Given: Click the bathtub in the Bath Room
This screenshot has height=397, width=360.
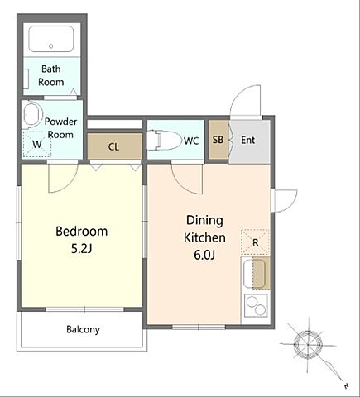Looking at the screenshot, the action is point(51,39).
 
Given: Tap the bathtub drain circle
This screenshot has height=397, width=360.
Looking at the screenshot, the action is point(50,46).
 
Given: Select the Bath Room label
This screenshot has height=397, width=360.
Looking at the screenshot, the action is point(51,75).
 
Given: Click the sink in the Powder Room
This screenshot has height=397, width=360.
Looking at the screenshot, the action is point(31,114).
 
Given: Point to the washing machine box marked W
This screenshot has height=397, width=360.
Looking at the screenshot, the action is point(37,144).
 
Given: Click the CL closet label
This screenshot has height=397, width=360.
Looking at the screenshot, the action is point(113,147).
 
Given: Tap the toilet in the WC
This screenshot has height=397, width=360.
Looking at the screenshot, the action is point(164,141).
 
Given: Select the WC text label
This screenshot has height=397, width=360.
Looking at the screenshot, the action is point(191,141).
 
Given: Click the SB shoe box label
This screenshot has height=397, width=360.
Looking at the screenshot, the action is point(218,140).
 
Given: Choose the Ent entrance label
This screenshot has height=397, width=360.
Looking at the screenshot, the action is point(247,140).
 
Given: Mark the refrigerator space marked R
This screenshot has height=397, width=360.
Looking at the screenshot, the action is point(255,242).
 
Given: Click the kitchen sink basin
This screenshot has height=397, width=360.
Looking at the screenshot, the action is point(254,274).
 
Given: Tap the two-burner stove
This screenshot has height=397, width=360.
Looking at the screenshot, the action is point(256,305).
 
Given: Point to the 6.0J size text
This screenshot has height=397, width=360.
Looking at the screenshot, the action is point(204,255).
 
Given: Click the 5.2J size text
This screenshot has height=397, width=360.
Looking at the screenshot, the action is point(81,249).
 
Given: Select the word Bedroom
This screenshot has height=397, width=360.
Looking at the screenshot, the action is point(82,231).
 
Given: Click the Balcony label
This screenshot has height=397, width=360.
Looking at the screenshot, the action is point(83,329).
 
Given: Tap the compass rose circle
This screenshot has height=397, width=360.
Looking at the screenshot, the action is point(308,344).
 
